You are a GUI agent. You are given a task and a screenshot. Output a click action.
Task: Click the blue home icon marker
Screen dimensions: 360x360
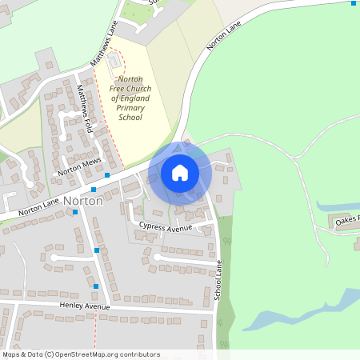(180, 172)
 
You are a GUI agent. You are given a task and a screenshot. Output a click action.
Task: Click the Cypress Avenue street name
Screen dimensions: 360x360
(166, 227)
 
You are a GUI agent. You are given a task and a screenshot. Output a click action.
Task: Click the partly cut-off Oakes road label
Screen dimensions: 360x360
(347, 218)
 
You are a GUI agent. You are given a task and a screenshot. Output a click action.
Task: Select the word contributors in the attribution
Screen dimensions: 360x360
(138, 354)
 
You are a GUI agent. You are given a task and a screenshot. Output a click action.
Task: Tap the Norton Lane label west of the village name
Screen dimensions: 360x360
(38, 210)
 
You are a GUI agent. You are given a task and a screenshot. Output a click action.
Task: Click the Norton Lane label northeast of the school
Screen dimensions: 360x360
(224, 35)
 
